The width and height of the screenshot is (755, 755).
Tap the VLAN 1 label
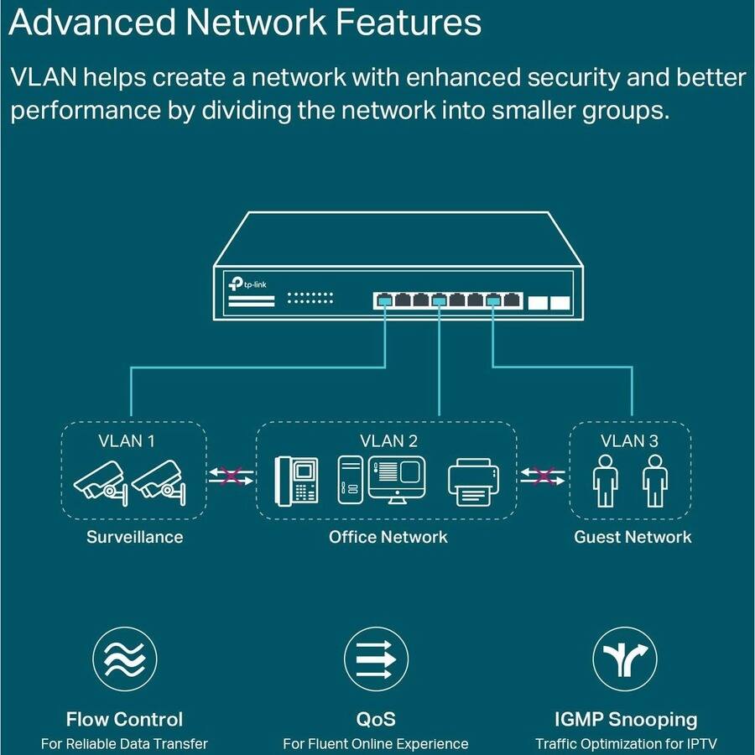pos(127,440)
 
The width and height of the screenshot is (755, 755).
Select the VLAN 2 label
pos(388,440)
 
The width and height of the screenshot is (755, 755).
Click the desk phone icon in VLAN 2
pos(297,481)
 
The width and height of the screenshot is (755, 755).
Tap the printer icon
pos(474,482)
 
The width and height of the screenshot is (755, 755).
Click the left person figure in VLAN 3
pos(605,482)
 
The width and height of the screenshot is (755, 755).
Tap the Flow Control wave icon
pos(124,659)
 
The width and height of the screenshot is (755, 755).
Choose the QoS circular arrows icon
pos(377,659)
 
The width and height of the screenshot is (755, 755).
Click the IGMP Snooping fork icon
pos(625,659)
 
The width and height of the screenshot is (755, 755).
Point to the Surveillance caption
pos(134,537)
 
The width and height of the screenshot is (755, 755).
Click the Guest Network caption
pos(633,537)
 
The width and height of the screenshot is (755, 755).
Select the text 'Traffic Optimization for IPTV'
pos(626,743)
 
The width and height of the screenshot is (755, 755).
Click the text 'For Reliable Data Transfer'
pos(124,743)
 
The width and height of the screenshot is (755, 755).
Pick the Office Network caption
pos(388,537)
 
